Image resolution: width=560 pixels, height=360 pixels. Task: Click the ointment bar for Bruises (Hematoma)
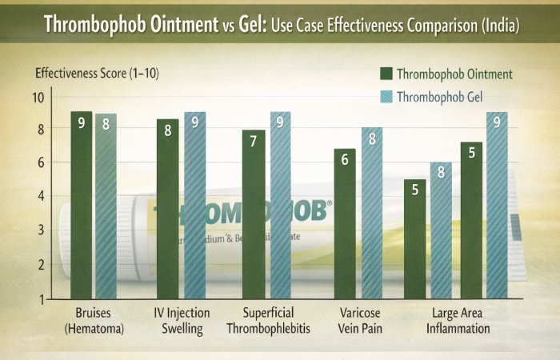[x=82, y=204]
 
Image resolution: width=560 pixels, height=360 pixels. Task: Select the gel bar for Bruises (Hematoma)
[x=106, y=206]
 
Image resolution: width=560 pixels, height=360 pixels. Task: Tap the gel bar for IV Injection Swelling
[x=195, y=205]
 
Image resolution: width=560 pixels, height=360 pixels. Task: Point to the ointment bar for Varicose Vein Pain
[x=345, y=223]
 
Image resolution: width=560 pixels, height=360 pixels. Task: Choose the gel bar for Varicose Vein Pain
[x=371, y=213]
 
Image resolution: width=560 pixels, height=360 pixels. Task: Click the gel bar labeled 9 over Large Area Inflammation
[x=497, y=205]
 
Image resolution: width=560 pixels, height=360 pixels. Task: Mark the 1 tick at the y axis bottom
[x=42, y=298]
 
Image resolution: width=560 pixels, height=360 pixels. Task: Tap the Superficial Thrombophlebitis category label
[x=265, y=321]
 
